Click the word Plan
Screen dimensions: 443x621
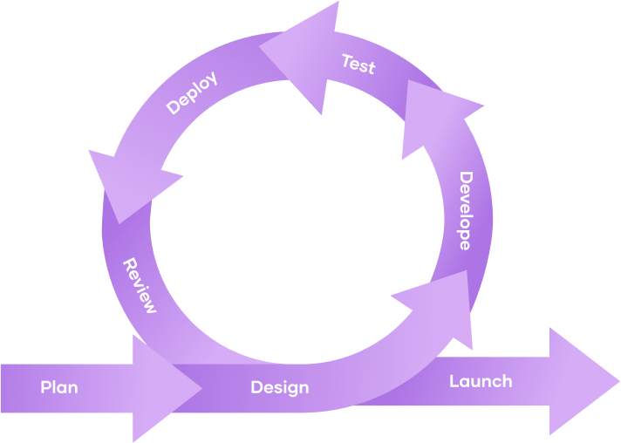click(x=59, y=387)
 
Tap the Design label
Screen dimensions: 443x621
click(x=279, y=387)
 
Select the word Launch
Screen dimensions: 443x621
click(x=481, y=381)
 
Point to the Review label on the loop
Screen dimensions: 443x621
click(x=140, y=286)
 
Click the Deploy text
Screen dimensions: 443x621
click(x=191, y=93)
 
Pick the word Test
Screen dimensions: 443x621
click(x=358, y=64)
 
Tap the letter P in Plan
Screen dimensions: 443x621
click(x=45, y=387)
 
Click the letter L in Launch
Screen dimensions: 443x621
click(x=454, y=381)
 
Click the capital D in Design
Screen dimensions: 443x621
click(x=256, y=387)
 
